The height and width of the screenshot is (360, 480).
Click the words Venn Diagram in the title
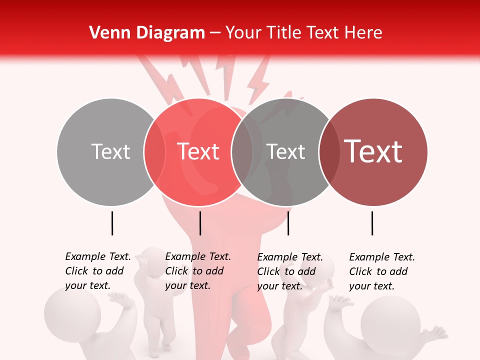147,33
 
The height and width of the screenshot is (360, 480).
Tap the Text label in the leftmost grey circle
110,151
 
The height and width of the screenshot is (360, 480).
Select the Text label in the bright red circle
198,151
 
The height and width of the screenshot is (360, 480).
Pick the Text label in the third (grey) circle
286,151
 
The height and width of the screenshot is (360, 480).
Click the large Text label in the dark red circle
373,151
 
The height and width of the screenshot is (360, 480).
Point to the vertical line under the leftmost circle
112,223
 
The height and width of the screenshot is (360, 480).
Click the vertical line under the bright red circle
200,223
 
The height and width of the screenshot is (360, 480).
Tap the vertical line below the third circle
288,223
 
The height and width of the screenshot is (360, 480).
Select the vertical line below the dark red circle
372,223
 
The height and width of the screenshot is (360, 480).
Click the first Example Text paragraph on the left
98,271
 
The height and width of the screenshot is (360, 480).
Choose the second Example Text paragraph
198,271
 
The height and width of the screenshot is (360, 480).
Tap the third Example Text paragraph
290,271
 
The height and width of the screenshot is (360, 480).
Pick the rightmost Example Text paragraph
382,271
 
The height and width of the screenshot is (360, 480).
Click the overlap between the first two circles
154,151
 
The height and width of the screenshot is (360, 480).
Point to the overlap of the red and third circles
242,151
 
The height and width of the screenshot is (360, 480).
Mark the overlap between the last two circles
329,151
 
